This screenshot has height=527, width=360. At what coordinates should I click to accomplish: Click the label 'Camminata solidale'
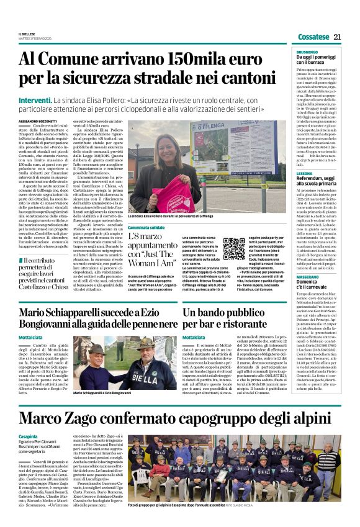click(146, 227)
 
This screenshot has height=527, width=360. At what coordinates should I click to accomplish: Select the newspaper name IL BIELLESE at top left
click(27, 34)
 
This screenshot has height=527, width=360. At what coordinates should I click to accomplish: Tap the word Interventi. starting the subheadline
click(35, 99)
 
